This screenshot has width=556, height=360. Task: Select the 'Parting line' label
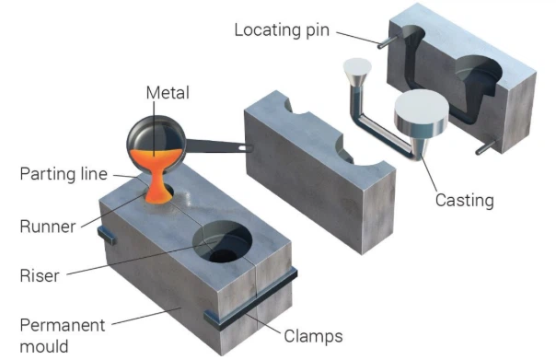coord(65,173)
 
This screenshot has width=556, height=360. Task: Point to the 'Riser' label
coord(40,274)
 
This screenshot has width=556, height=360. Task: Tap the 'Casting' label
coord(465,201)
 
